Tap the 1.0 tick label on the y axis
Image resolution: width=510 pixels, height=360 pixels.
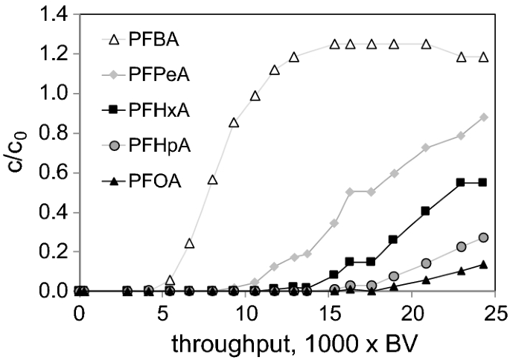click(x=50, y=94)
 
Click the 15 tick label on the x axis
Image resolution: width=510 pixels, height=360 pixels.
click(x=330, y=314)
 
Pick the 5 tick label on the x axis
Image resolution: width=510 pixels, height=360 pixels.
click(x=162, y=314)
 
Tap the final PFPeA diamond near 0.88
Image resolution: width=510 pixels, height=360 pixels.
click(x=484, y=118)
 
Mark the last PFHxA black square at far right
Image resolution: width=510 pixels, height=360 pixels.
click(x=484, y=182)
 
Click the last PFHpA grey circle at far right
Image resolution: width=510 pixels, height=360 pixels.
click(x=484, y=237)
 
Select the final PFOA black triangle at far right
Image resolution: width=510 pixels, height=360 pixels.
click(x=484, y=264)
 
